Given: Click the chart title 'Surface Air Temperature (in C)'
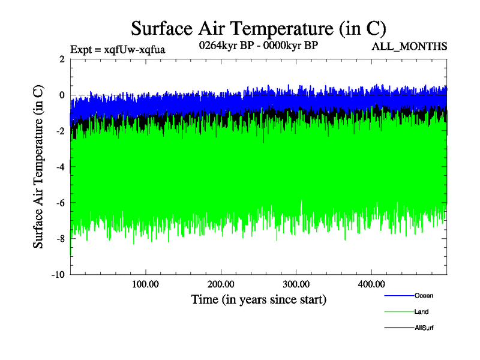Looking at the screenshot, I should point(258,29).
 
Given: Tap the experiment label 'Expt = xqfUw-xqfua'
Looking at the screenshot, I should point(118,49).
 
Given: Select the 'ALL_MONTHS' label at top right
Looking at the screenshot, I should point(409,46).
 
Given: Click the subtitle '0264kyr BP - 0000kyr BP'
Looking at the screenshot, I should point(259,46).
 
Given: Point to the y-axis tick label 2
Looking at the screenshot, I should point(62,59).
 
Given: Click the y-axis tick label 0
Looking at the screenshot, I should point(62,95).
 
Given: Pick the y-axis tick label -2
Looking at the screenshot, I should point(60,131).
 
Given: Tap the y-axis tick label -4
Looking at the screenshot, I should point(60,167).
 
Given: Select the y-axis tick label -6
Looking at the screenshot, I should point(60,203).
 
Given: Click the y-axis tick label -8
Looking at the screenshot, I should point(60,239).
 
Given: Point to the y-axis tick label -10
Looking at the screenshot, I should point(58,275).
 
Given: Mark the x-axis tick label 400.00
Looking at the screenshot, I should point(371,284).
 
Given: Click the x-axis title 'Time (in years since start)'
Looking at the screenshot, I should point(259,299).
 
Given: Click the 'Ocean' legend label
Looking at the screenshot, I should point(424,295).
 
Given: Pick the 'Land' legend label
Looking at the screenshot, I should point(421,312).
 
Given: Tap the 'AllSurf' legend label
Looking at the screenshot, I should point(424,328).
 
